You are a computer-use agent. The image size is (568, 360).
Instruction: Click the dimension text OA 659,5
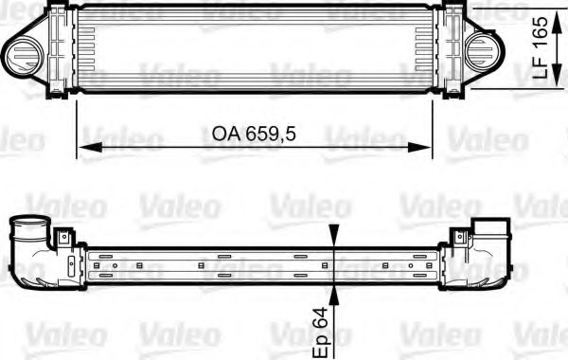pyautogui.click(x=248, y=135)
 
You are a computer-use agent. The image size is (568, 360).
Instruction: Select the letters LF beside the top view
pyautogui.click(x=541, y=69)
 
